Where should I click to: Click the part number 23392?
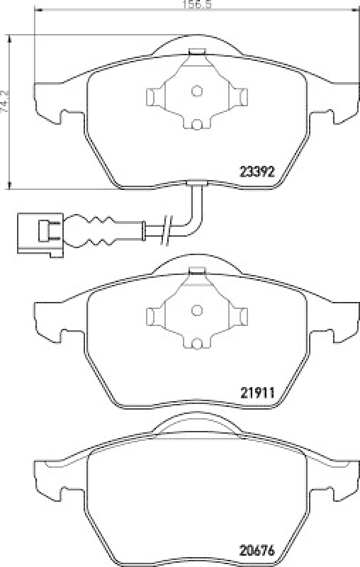(257, 172)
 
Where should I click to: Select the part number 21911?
(258, 393)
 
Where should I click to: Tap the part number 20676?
(257, 551)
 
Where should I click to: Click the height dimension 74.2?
(6, 101)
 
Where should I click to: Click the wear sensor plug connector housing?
(40, 235)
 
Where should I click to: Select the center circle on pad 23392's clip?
(197, 91)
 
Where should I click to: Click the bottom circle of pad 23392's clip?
(196, 125)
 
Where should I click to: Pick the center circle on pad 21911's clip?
(197, 310)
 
